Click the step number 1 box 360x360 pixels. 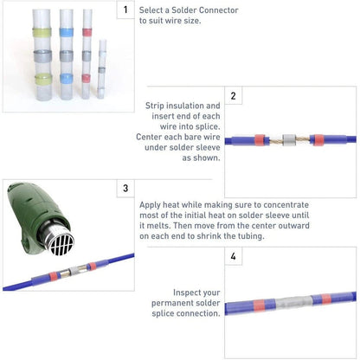(125, 10)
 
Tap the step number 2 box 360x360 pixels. (234, 95)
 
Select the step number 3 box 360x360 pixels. (125, 189)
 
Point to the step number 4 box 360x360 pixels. (234, 256)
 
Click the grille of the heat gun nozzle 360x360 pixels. (61, 241)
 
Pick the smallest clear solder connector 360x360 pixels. (101, 69)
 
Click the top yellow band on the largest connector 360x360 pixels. (42, 33)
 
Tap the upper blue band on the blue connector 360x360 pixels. (67, 32)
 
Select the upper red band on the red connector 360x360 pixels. (87, 32)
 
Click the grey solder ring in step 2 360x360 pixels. (289, 140)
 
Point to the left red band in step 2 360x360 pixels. (260, 140)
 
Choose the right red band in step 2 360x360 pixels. (318, 140)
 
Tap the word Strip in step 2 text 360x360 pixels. (154, 106)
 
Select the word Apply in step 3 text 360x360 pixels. (150, 205)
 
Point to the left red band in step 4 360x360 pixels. (259, 305)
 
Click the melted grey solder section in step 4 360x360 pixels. (293, 302)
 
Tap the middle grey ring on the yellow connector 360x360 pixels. (42, 56)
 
